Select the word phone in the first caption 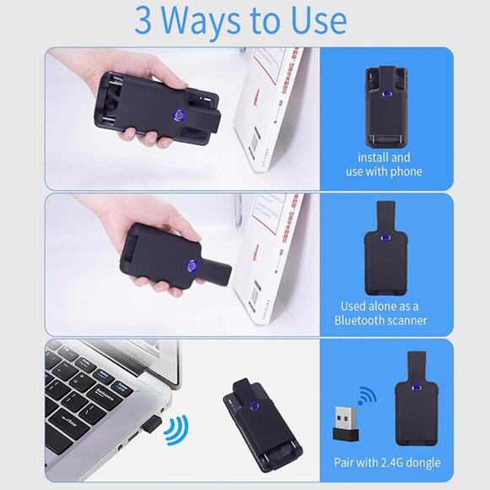403,172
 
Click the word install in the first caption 373,157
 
